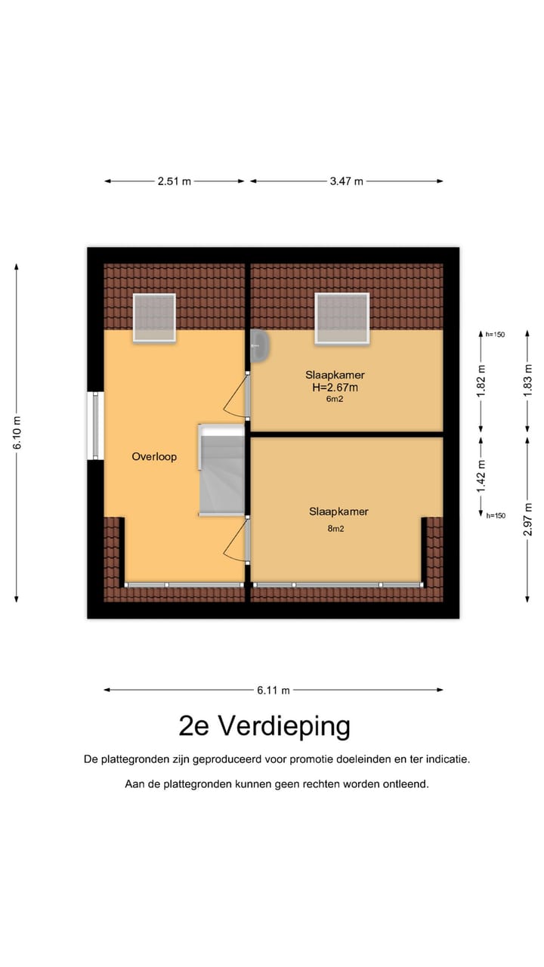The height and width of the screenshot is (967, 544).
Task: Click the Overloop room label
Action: coord(153,456)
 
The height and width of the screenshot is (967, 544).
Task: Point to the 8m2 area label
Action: coord(335,529)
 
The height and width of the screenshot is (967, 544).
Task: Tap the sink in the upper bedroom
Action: coord(260,346)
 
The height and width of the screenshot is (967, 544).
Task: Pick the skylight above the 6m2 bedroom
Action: coord(342,318)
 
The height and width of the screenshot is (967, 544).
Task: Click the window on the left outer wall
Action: coord(95,425)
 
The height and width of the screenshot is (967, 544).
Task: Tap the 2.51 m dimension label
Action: coord(174,181)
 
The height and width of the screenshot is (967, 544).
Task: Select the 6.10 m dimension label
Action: coord(17,433)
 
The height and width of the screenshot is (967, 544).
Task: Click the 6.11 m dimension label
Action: coord(273,690)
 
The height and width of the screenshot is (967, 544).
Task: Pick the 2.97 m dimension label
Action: coord(528,519)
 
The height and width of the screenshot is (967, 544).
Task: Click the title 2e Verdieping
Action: coord(264,726)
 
